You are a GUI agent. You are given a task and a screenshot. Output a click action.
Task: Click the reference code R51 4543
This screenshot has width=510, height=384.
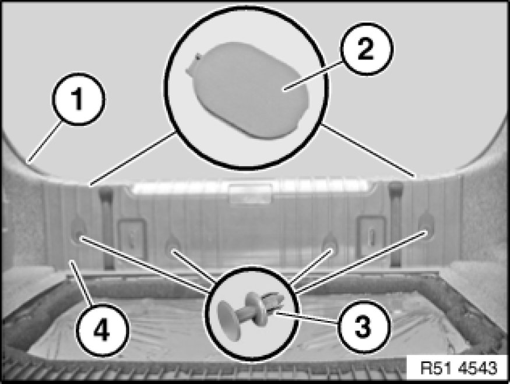click(x=459, y=368)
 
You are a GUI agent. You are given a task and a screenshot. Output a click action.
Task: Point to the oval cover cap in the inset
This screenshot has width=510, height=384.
click(x=247, y=90)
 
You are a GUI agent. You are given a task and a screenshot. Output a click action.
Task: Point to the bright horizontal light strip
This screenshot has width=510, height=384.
click(x=251, y=188)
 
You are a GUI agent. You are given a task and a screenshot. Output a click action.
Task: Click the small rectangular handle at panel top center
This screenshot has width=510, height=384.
click(x=250, y=194)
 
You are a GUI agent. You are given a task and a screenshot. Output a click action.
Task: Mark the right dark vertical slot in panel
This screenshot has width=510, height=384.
click(x=396, y=224)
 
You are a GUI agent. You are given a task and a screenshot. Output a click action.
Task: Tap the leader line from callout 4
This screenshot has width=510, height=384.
click(x=82, y=283)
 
